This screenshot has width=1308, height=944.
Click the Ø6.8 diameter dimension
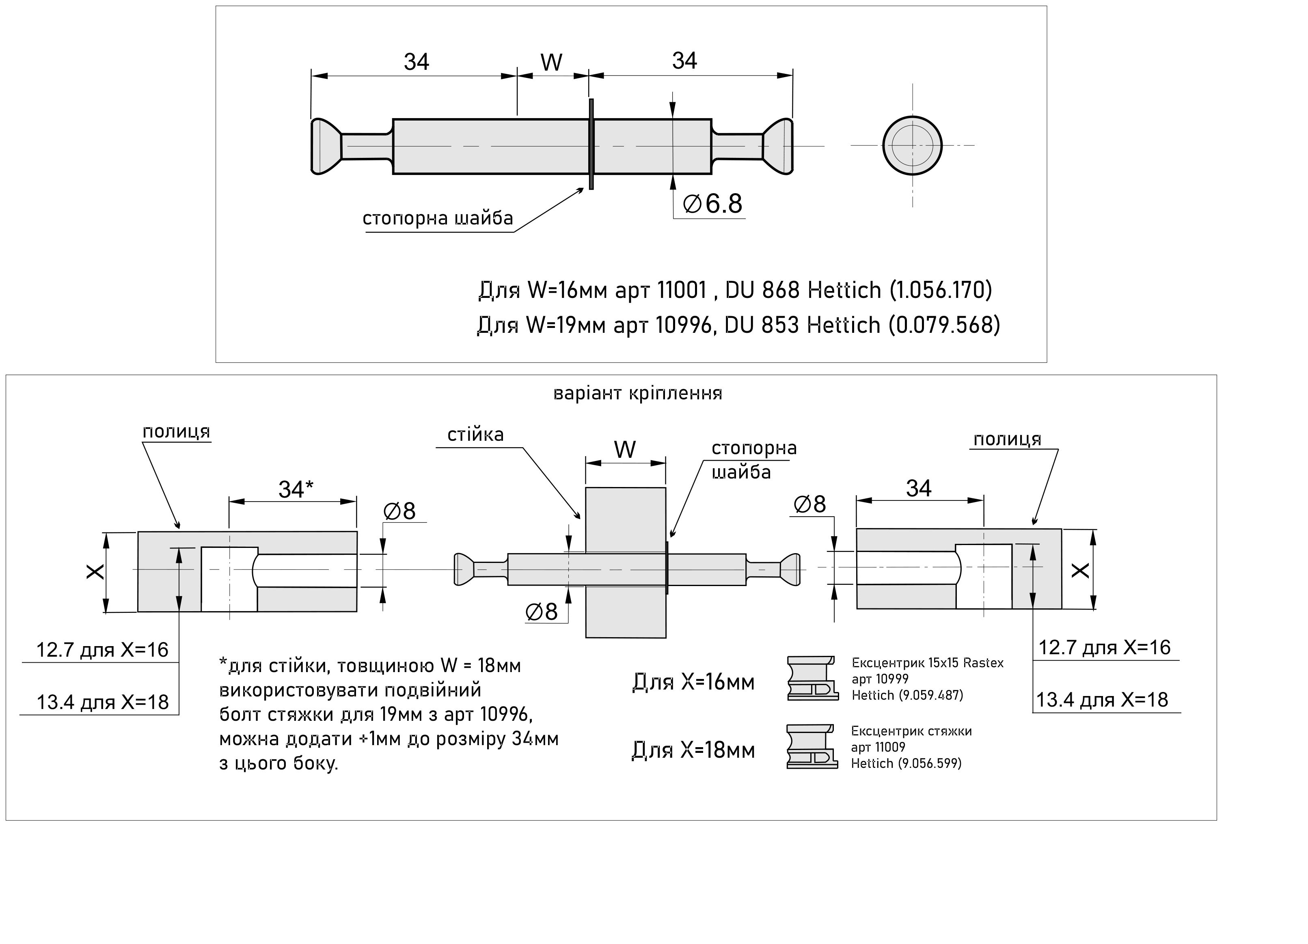click(x=713, y=204)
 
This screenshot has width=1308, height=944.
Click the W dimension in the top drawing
click(x=551, y=62)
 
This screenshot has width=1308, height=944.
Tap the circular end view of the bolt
click(x=912, y=145)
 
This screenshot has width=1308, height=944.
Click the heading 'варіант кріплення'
click(x=637, y=393)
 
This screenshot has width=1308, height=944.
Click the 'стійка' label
click(x=475, y=435)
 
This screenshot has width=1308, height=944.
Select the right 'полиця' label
click(x=1007, y=440)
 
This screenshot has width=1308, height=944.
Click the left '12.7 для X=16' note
click(x=102, y=650)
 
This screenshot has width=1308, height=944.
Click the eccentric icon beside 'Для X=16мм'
click(x=812, y=678)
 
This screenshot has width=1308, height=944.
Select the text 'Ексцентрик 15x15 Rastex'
click(x=927, y=663)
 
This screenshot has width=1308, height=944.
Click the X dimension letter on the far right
click(x=1079, y=570)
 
